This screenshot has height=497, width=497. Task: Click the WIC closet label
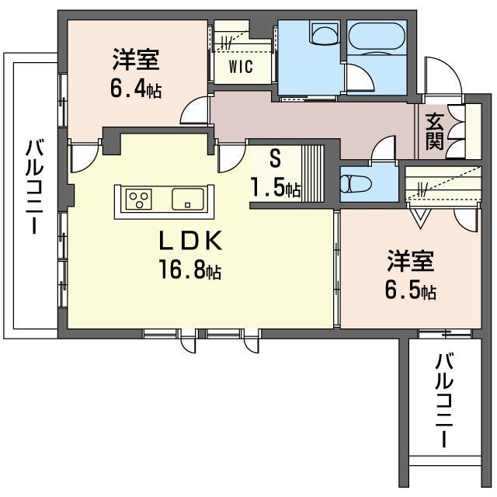[241, 67]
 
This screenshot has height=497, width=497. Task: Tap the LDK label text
[190, 242]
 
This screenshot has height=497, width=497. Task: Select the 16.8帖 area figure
[190, 269]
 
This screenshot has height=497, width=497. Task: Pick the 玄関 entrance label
[434, 131]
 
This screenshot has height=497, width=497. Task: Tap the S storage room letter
[275, 158]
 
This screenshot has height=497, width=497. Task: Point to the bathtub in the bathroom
[377, 36]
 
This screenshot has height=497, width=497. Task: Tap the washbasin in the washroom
[325, 33]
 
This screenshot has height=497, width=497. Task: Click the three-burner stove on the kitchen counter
[139, 199]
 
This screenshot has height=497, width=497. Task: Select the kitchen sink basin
[188, 199]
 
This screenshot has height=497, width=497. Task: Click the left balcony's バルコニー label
[34, 186]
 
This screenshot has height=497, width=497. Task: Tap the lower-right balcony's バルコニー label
[443, 401]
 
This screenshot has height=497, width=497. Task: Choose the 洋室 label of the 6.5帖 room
[411, 261]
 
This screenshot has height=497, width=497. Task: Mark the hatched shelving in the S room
[312, 173]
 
